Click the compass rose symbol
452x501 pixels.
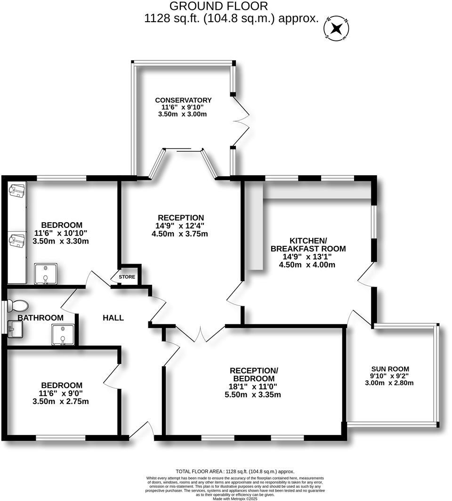coord(336,29)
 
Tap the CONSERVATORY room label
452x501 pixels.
coord(183,100)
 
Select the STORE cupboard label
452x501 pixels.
coord(127,277)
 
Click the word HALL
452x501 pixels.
coord(113,318)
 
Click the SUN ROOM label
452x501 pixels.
coord(390,369)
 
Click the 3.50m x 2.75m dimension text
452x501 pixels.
coord(61,402)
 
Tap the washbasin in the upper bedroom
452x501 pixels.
coord(46,274)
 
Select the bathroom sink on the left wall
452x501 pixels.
coord(13,328)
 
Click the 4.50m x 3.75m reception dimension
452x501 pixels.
coord(181,234)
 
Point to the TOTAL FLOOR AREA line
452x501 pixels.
coord(234,471)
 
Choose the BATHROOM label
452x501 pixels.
coord(40,318)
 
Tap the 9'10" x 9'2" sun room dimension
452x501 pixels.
coord(390,376)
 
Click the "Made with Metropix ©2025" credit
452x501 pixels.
coord(235,499)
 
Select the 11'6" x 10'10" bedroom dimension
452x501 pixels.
coord(61,233)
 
